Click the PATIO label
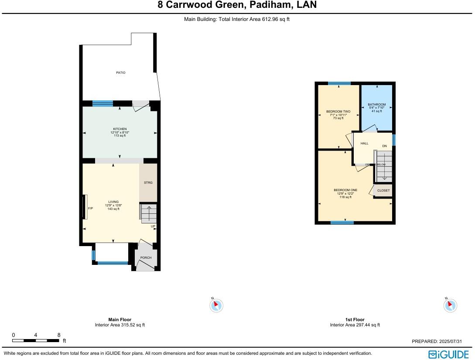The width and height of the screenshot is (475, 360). (121, 72)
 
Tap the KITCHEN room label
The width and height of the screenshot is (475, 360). (120, 129)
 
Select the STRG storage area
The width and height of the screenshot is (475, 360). (148, 183)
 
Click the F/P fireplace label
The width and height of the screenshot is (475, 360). (90, 209)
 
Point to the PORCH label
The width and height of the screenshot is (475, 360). (146, 257)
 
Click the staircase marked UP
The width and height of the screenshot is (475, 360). (148, 213)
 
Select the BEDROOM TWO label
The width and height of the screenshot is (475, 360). (338, 112)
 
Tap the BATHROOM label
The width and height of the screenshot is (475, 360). (376, 105)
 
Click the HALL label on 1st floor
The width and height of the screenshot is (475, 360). (364, 143)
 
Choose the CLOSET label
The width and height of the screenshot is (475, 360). (383, 191)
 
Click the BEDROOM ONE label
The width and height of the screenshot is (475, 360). (345, 190)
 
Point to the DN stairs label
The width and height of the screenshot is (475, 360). (384, 146)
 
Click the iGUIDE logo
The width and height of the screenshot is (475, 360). (448, 354)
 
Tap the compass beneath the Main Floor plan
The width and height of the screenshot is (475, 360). (216, 305)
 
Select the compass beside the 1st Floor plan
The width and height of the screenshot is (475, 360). (450, 305)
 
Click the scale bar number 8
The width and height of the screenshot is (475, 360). (59, 335)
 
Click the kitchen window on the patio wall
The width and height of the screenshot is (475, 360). (103, 103)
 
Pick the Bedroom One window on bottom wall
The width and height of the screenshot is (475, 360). (342, 223)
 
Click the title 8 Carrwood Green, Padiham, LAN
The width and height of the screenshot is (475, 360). (237, 5)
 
